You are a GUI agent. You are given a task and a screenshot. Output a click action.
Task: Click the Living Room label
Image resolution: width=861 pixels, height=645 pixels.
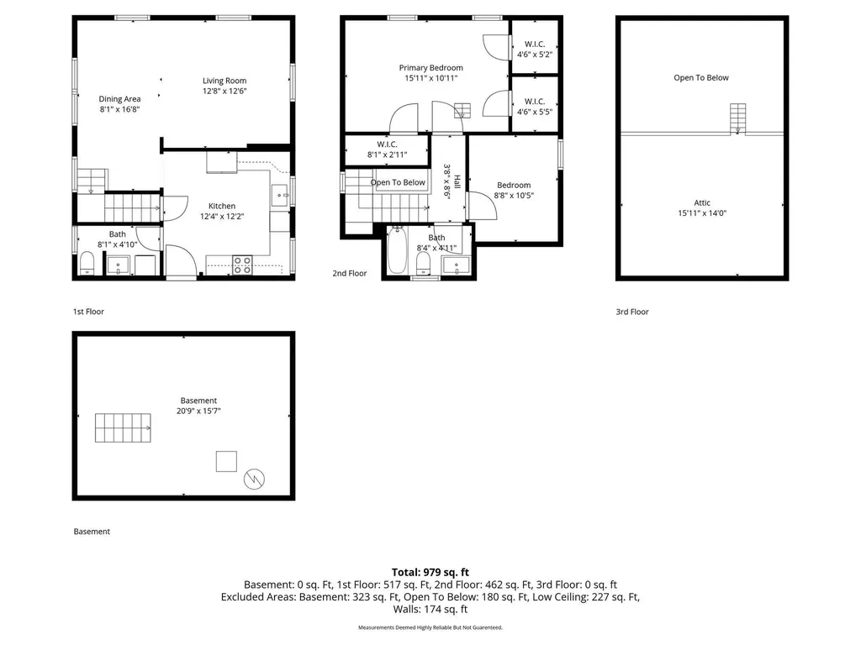pos(224,81)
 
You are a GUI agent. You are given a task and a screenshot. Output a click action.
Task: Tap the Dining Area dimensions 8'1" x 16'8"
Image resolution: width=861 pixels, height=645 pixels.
pos(119,109)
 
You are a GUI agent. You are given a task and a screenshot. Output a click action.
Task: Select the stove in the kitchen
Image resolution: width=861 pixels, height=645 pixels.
pos(242,265)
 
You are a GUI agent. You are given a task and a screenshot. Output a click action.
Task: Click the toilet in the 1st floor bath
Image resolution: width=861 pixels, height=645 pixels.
pos(87,263)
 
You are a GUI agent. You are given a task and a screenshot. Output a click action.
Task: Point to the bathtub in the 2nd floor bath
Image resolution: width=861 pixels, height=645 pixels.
pos(397,250)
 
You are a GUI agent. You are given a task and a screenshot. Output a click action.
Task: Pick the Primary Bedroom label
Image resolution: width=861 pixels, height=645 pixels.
pos(431,67)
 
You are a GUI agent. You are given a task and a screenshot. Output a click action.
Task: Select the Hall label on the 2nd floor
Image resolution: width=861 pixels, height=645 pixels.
pos(457,181)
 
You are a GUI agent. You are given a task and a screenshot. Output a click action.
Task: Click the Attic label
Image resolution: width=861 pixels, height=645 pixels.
pos(702,203)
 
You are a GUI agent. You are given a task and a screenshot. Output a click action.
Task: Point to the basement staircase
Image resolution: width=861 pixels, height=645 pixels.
pos(123,427)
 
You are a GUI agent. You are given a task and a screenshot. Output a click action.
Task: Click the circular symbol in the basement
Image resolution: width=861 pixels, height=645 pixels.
pos(254,479)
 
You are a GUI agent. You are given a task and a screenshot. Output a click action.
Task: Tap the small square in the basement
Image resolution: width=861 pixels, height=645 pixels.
pos(226,461)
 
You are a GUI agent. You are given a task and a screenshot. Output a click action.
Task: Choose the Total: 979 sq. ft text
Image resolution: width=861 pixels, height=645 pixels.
pos(430,573)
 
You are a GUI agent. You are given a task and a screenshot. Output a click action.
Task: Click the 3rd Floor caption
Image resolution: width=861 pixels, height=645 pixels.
pos(632,312)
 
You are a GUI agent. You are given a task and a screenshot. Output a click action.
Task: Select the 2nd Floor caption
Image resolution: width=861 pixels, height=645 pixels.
pos(349,273)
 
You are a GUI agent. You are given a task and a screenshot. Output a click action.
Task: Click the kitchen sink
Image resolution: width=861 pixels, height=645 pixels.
pos(281,195)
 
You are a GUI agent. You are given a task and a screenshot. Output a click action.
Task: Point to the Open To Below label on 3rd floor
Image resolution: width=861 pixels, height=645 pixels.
pos(701,78)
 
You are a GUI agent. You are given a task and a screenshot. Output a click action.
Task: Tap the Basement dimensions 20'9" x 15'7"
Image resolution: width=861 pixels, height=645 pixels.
pos(198,411)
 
